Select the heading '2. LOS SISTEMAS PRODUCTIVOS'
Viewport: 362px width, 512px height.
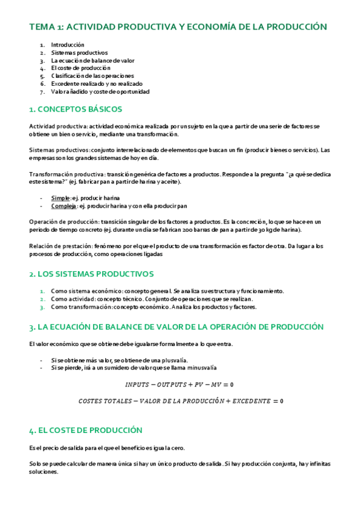coord(91,274)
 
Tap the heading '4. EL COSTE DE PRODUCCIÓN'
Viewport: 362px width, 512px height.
coord(85,430)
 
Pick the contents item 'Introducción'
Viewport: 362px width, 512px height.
coord(68,45)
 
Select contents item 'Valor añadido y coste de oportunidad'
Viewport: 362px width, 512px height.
coord(100,92)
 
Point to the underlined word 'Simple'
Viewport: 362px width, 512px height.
coord(60,197)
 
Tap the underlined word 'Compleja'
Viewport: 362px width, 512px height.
coord(63,205)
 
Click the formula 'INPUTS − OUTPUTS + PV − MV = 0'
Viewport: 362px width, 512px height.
coord(179,385)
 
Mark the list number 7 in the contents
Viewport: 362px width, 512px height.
coord(42,92)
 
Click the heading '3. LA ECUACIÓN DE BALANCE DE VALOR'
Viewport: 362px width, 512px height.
coord(176,327)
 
